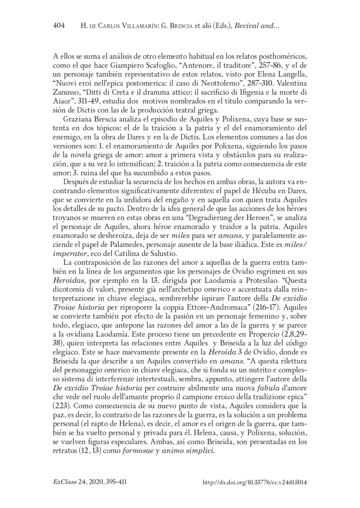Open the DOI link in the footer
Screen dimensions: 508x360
(255, 481)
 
